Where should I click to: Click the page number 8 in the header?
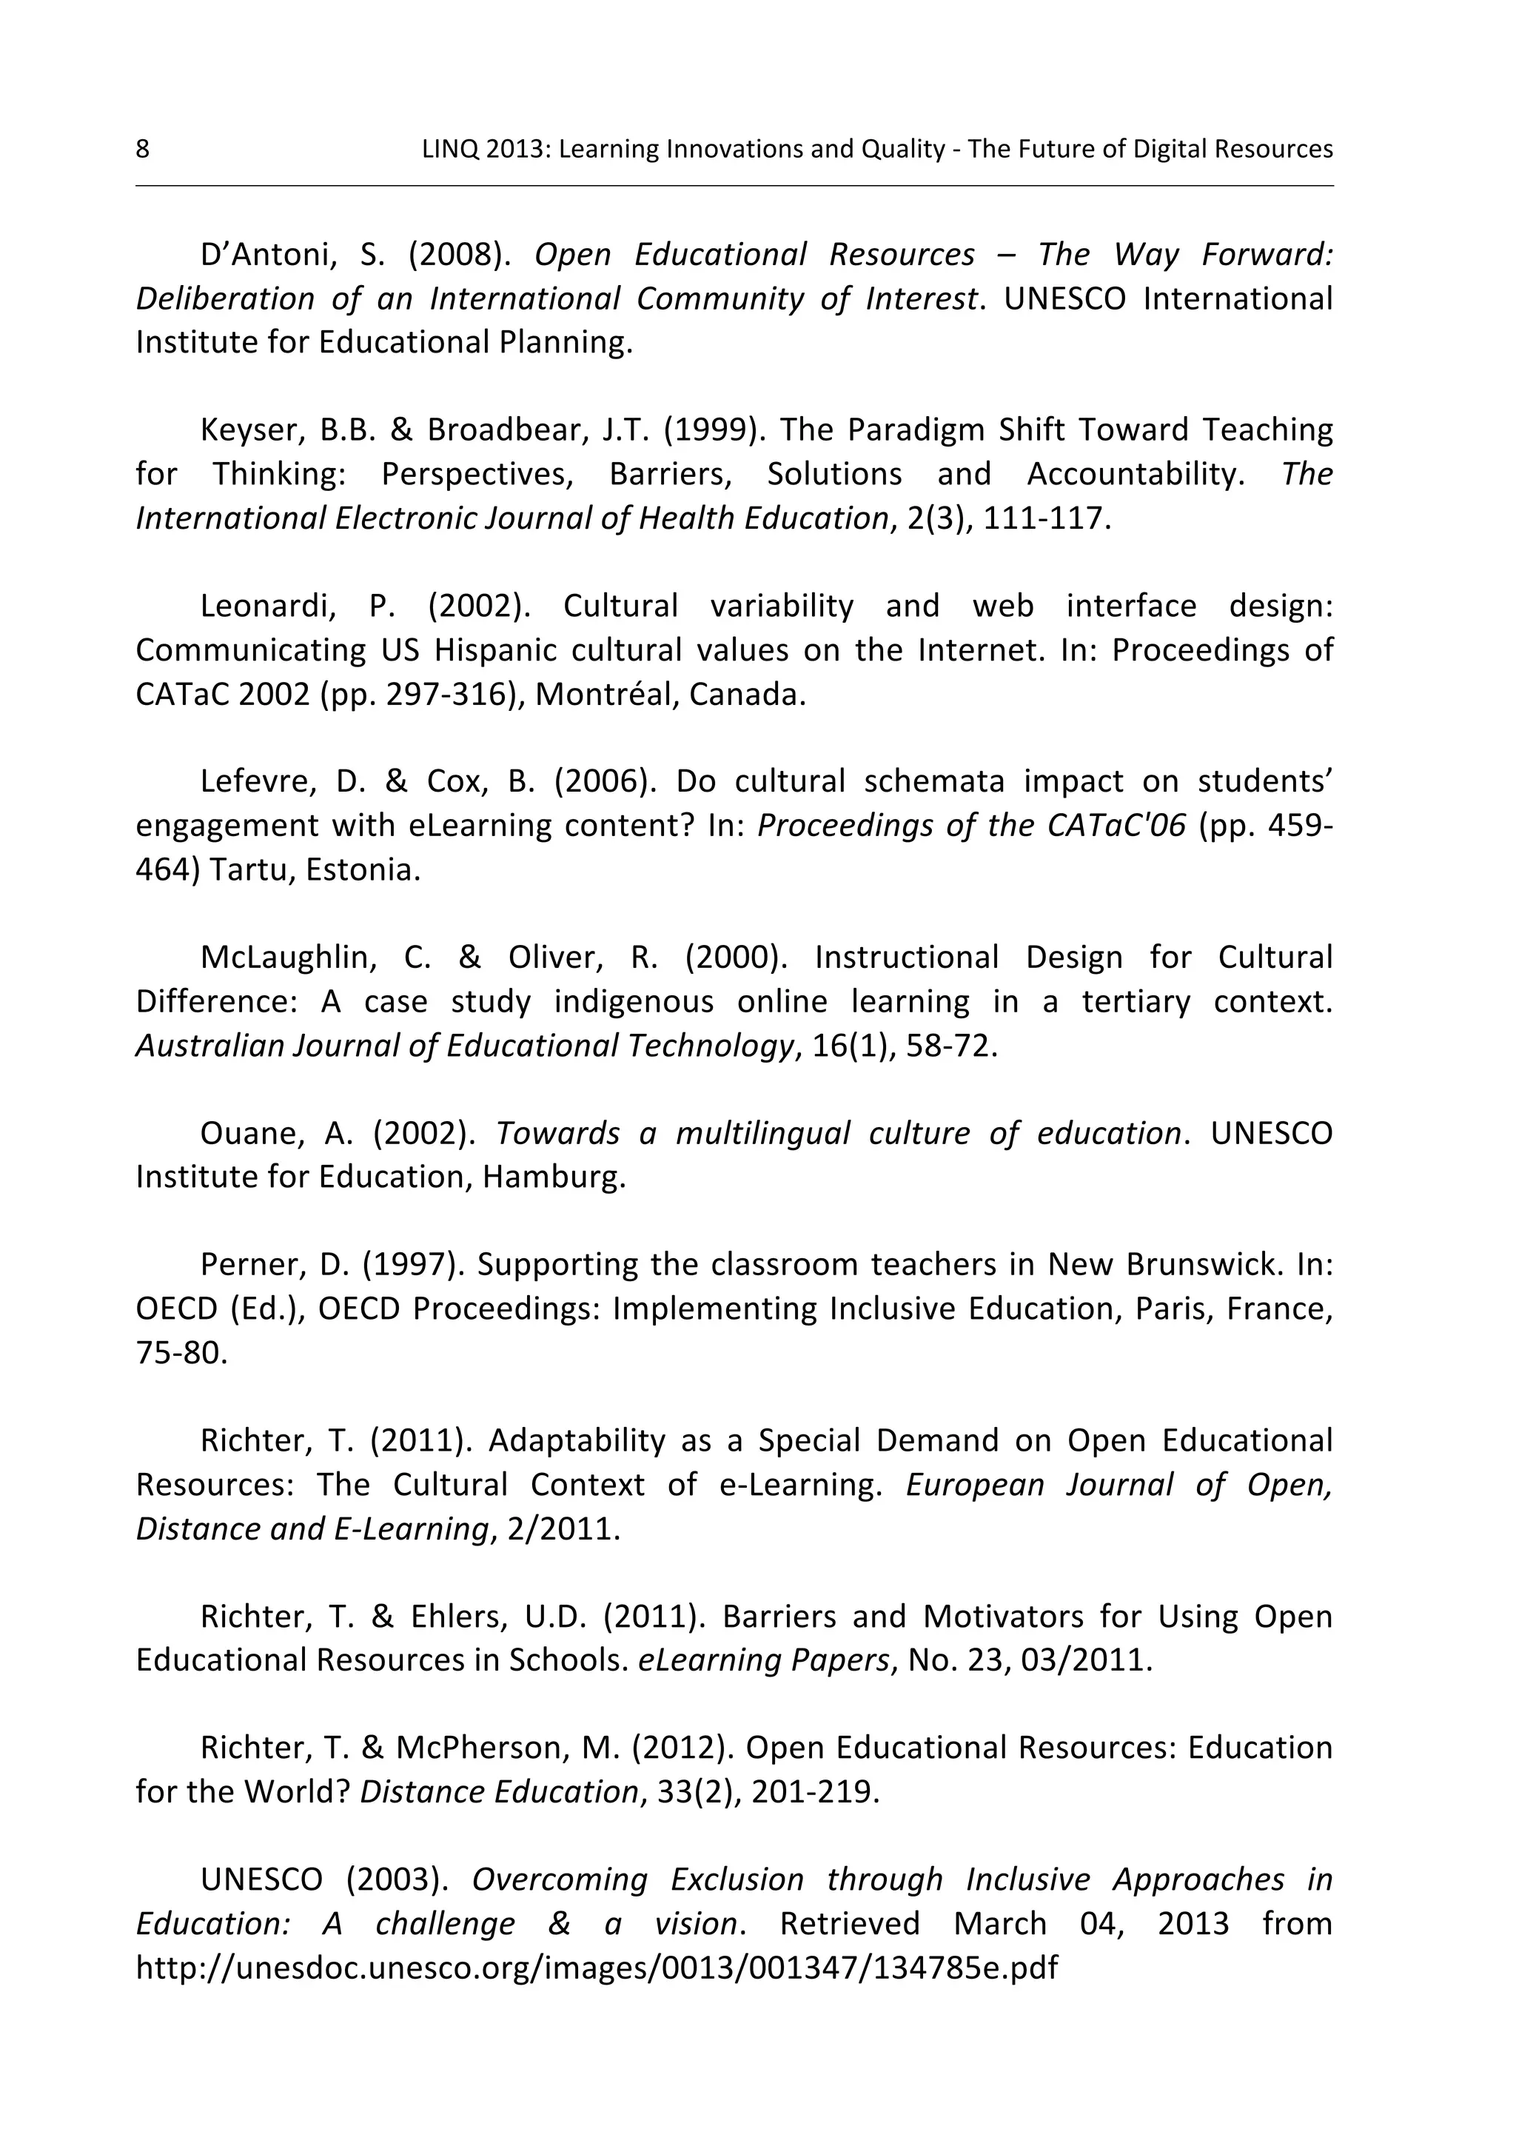tap(142, 149)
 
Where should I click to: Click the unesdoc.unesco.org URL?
tap(597, 1968)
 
